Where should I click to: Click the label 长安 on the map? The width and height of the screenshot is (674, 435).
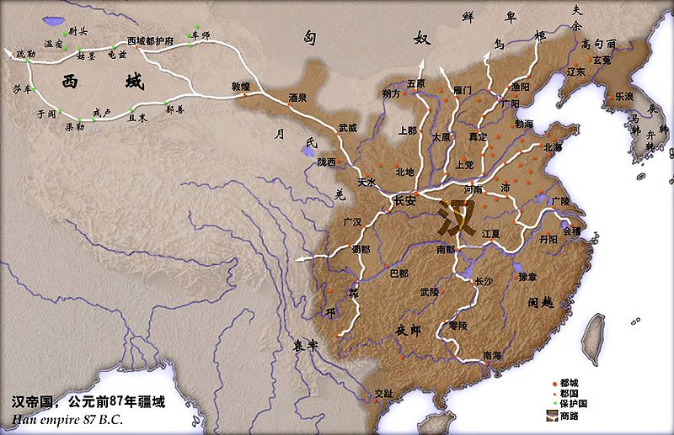pyautogui.click(x=405, y=201)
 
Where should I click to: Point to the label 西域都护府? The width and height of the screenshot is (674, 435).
pyautogui.click(x=150, y=40)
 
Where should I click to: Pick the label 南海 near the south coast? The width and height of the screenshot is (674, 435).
pyautogui.click(x=485, y=355)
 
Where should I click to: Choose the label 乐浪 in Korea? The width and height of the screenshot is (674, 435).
pyautogui.click(x=624, y=97)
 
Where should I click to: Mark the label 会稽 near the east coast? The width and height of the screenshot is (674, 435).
pyautogui.click(x=571, y=229)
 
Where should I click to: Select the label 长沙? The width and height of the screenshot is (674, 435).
pyautogui.click(x=484, y=281)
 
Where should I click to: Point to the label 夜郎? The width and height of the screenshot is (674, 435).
pyautogui.click(x=409, y=331)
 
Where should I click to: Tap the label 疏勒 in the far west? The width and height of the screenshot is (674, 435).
pyautogui.click(x=26, y=54)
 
